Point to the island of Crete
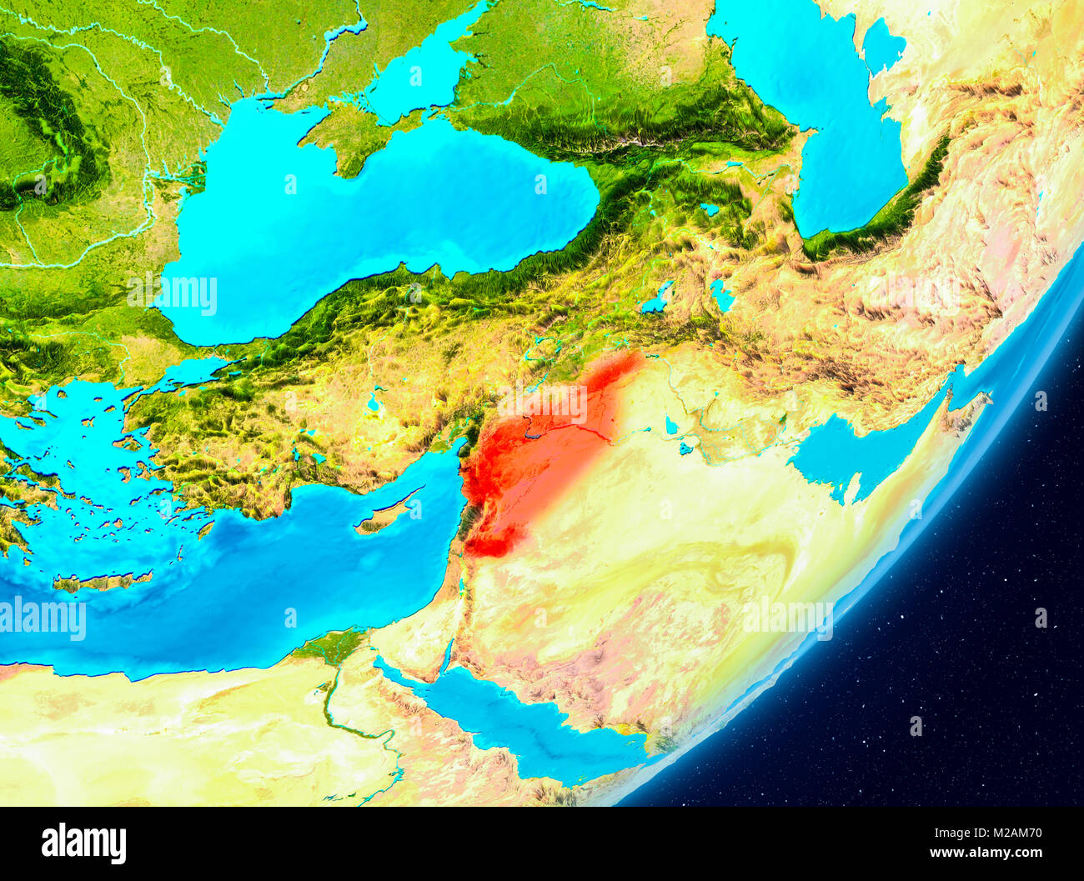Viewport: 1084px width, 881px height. (x=104, y=581)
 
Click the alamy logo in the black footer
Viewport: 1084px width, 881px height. (x=83, y=843)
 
